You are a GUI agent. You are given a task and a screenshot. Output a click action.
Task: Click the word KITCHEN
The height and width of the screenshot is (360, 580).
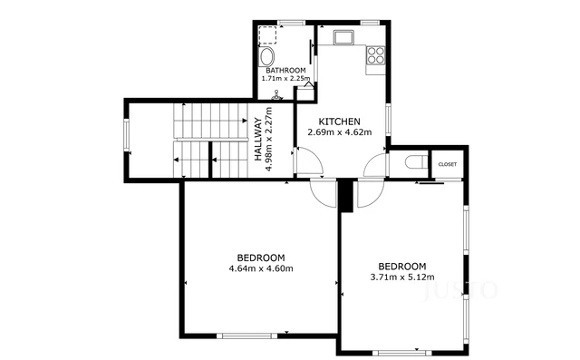coord(340,122)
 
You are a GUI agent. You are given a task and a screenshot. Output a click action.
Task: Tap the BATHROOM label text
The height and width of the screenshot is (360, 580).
coord(285,70)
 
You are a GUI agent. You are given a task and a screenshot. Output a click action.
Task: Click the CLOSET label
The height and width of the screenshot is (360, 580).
coord(448,164)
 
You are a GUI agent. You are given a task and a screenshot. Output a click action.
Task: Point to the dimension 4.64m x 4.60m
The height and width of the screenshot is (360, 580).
coord(261,268)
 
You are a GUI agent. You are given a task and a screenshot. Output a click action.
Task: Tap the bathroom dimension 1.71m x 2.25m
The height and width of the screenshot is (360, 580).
coord(285,79)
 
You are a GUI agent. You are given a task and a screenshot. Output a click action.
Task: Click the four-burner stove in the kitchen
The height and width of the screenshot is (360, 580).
coord(375,54)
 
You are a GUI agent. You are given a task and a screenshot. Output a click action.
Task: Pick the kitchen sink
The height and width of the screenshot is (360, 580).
coord(343,39)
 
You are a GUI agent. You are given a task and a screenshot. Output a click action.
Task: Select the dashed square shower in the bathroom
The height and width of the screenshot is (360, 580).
coord(268,35)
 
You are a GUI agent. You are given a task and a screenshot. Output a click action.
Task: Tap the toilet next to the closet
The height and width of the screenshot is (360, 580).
coord(413,163)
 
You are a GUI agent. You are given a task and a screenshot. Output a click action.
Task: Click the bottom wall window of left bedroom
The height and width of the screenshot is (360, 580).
coord(246,336)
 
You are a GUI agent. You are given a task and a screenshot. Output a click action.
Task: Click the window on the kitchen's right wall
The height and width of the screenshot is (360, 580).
coord(389,118)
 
